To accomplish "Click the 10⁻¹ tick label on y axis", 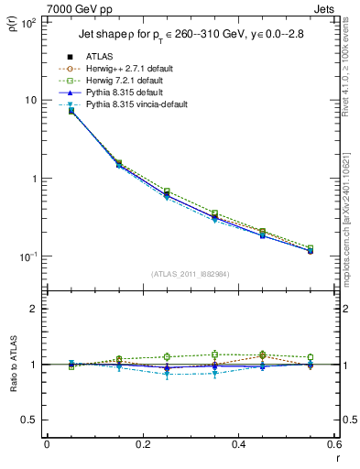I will click(x=27, y=257).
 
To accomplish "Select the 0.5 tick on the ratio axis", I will click(x=29, y=420).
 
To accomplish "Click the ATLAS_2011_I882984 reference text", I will click(x=190, y=274).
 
